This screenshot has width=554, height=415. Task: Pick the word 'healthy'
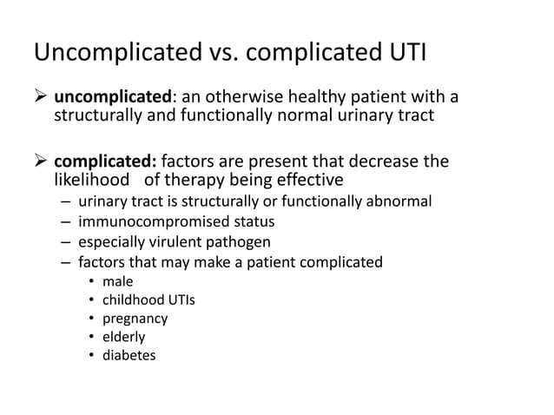tap(313, 95)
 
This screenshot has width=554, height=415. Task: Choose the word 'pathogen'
tap(240, 241)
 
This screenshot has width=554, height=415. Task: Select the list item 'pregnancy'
tap(135, 318)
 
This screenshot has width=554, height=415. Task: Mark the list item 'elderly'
tap(124, 336)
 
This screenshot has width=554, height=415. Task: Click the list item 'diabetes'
tap(129, 354)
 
